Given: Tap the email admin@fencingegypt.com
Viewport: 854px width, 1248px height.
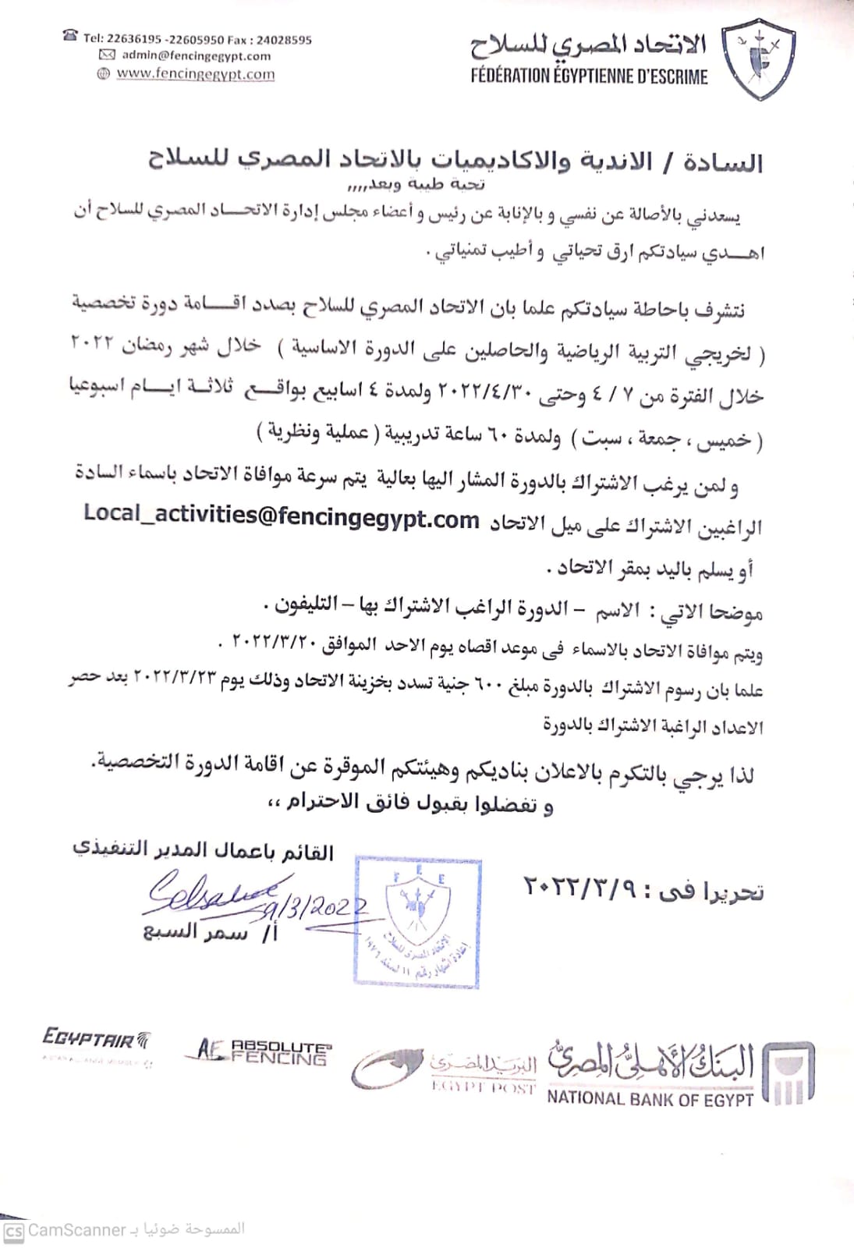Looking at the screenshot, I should click(x=196, y=55).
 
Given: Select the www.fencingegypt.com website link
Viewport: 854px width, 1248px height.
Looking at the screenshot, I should click(x=195, y=74).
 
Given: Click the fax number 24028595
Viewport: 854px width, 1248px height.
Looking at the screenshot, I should click(x=284, y=39).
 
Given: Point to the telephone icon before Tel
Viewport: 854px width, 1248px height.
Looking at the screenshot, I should click(x=71, y=36).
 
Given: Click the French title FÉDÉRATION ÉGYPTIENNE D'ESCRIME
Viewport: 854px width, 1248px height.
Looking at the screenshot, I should click(x=589, y=76).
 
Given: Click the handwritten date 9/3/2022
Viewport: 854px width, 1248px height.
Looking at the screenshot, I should click(x=316, y=907).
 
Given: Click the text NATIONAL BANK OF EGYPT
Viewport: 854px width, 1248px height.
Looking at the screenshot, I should click(x=650, y=1098).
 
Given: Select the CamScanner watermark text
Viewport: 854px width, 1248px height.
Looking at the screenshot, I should click(x=76, y=1230).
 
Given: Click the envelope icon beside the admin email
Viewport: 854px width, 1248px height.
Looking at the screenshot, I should click(x=107, y=55).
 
